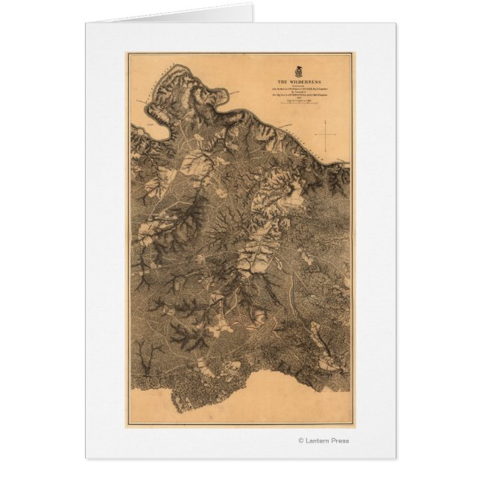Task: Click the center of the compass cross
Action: coord(326,134)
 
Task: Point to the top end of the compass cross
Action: coord(326,124)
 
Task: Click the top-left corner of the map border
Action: coord(128,54)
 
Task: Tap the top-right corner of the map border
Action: coord(353,54)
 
